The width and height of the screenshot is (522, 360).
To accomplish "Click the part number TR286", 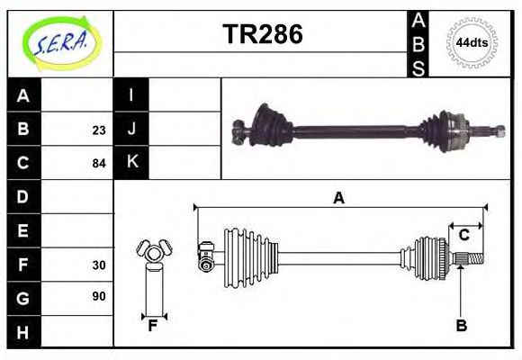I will [262, 34].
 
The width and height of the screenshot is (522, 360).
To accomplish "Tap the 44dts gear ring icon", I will [472, 43].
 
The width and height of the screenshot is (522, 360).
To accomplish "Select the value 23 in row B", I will [98, 130].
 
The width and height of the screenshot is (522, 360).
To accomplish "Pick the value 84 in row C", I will [98, 164].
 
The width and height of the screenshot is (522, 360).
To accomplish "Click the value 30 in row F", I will [98, 265].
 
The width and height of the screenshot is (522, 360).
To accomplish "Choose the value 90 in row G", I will [98, 297].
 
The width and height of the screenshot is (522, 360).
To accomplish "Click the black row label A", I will [23, 95].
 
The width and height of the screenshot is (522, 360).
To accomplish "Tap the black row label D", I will [23, 197].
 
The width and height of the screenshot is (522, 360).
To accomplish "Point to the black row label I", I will [131, 95].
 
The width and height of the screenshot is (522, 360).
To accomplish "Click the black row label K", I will [131, 163].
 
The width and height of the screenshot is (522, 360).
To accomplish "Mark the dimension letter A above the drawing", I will [338, 199].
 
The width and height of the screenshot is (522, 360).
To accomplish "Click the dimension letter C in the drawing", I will [463, 235].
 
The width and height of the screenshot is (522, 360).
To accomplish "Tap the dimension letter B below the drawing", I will [461, 326].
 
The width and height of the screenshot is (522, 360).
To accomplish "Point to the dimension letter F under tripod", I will [153, 326].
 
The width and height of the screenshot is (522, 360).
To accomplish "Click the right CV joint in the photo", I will [446, 132].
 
